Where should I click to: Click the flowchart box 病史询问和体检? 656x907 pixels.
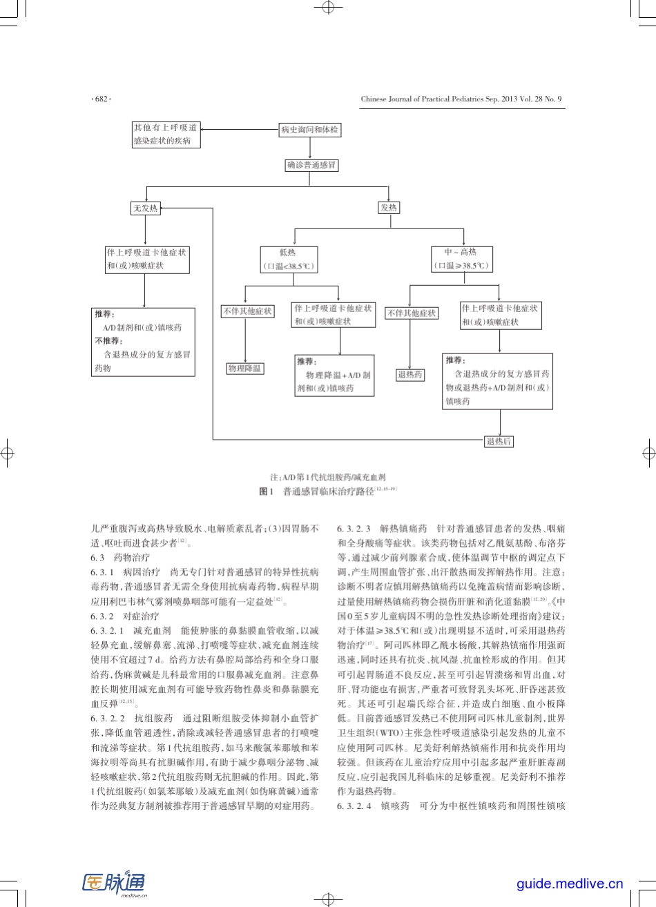click(x=309, y=130)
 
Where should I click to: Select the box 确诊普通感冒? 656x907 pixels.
click(x=312, y=166)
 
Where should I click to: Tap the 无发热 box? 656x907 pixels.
click(x=145, y=208)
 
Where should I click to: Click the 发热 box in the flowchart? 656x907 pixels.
click(x=389, y=208)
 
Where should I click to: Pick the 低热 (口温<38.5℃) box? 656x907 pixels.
click(x=288, y=260)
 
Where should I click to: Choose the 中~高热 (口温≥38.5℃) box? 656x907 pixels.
click(x=461, y=260)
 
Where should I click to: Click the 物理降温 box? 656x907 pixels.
click(x=245, y=369)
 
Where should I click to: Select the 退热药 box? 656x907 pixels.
click(x=409, y=375)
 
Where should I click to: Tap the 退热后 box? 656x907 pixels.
click(x=499, y=441)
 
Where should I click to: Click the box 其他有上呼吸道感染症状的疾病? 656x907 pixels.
click(x=166, y=135)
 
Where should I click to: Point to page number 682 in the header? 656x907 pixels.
click(x=101, y=99)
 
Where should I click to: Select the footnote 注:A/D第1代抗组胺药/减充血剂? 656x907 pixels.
click(x=328, y=477)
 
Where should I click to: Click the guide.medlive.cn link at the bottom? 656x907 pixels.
click(x=570, y=884)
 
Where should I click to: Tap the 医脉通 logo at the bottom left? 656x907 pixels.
click(x=115, y=884)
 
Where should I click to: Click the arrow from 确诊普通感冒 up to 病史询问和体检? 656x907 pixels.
click(x=310, y=148)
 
